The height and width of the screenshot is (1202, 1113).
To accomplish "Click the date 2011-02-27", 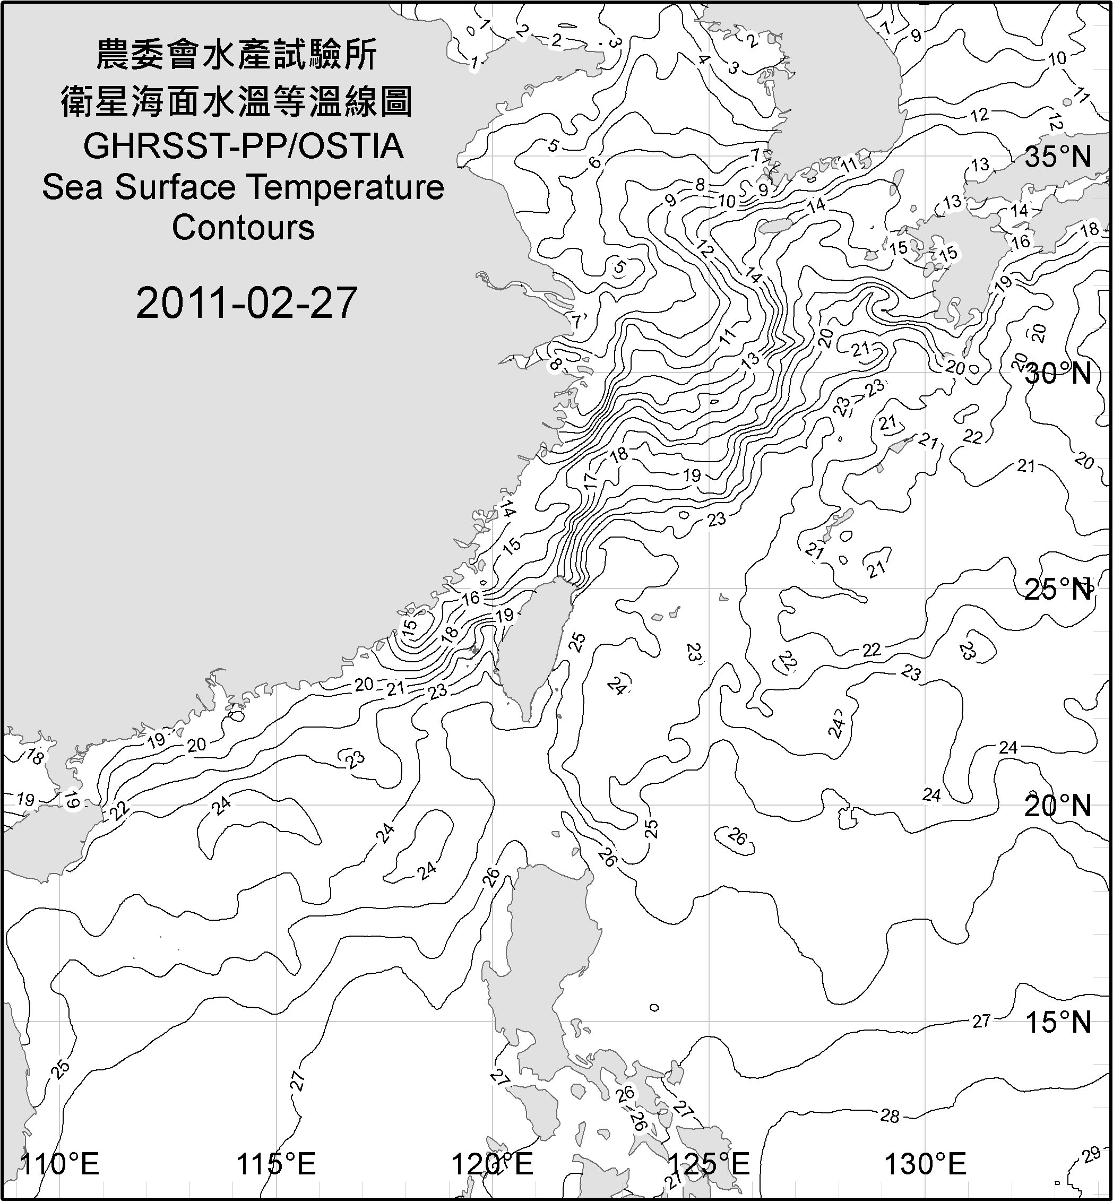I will click(x=246, y=303).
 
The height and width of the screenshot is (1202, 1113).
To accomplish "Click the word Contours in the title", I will click(x=243, y=228).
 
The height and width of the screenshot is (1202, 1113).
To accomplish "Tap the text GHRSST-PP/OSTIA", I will click(x=243, y=146).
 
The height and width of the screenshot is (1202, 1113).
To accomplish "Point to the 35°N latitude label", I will click(x=1058, y=157).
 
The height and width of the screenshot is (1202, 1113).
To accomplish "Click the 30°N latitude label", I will click(x=1058, y=374).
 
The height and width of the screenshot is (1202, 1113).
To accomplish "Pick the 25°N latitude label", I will click(x=1058, y=589).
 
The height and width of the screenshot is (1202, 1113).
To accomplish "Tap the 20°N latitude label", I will click(x=1058, y=806).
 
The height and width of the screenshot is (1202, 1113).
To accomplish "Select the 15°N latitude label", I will click(x=1058, y=1022).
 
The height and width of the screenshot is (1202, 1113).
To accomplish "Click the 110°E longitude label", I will click(x=59, y=1164).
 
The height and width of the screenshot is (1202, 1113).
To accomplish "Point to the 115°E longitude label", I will click(x=276, y=1164).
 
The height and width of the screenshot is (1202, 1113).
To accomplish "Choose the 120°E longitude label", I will click(x=493, y=1164).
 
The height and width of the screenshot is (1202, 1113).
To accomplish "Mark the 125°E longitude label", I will click(x=710, y=1164).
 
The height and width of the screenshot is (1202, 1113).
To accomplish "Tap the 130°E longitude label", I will click(x=926, y=1164).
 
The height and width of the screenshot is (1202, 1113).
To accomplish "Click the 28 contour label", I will click(x=890, y=1116).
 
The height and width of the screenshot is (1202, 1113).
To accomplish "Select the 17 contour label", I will click(x=590, y=480).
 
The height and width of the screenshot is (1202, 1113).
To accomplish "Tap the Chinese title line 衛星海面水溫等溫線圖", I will click(x=237, y=101).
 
